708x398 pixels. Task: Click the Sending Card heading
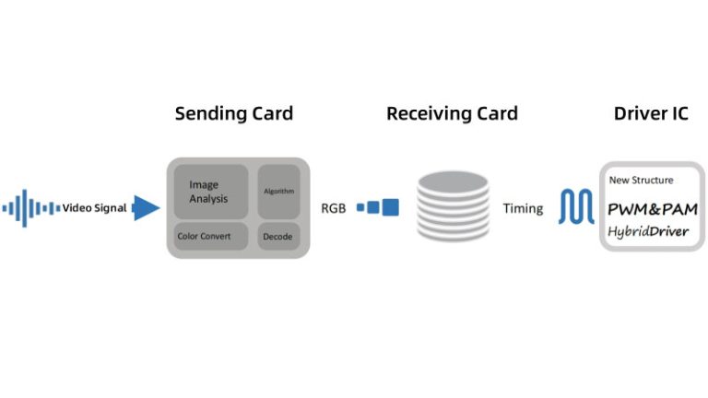(x=234, y=113)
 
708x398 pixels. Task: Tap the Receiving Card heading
(x=452, y=113)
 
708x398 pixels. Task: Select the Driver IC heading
(x=651, y=113)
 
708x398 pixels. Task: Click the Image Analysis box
(x=211, y=192)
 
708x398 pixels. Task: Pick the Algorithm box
(x=278, y=192)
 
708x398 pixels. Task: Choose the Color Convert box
(x=211, y=236)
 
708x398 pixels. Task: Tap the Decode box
(x=278, y=236)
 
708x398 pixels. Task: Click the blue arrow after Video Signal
(x=146, y=208)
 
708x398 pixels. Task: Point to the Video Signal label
(x=94, y=208)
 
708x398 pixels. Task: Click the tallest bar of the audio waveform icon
(x=24, y=208)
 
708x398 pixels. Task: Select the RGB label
(x=333, y=208)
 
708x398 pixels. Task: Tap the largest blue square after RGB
(x=391, y=207)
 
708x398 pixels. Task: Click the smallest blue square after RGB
(x=360, y=207)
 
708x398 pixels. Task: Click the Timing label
(x=523, y=208)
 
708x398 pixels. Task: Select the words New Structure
(x=642, y=180)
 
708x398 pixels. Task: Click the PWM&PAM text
(x=653, y=209)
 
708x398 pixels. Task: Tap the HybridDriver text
(x=648, y=231)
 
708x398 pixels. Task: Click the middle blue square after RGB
(x=373, y=207)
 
